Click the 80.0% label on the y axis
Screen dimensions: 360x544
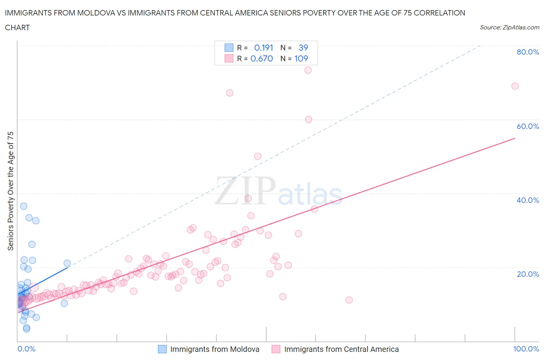pyautogui.click(x=527, y=52)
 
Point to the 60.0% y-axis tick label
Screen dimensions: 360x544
pyautogui.click(x=527, y=126)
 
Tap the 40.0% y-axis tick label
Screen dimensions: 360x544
pyautogui.click(x=527, y=200)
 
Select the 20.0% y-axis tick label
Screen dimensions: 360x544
pyautogui.click(x=527, y=274)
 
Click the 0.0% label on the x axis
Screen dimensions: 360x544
pyautogui.click(x=26, y=349)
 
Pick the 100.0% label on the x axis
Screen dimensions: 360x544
pyautogui.click(x=526, y=349)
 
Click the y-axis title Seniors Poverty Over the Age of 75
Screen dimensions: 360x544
pyautogui.click(x=11, y=191)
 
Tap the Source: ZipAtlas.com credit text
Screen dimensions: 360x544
pyautogui.click(x=509, y=27)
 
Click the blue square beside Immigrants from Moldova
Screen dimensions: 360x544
pyautogui.click(x=163, y=349)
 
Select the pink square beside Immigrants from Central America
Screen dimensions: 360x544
pyautogui.click(x=276, y=349)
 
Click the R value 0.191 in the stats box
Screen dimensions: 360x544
pyautogui.click(x=263, y=48)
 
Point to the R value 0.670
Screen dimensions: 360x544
pyautogui.click(x=262, y=58)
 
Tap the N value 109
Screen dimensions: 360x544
pyautogui.click(x=301, y=58)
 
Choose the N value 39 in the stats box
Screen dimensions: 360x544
pyautogui.click(x=303, y=48)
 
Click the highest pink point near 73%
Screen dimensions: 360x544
pyautogui.click(x=308, y=70)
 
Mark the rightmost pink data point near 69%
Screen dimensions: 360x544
pyautogui.click(x=515, y=86)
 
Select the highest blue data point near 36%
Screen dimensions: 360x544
pyautogui.click(x=24, y=206)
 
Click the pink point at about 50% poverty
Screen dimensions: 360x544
pyautogui.click(x=258, y=156)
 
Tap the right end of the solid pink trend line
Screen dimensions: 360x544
pyautogui.click(x=515, y=138)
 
